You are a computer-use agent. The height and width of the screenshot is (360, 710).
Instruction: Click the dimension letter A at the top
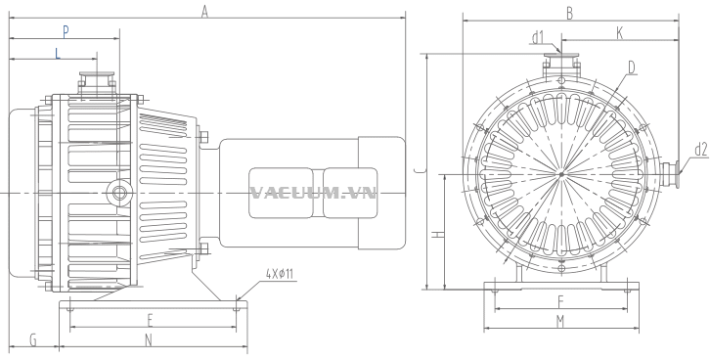204,12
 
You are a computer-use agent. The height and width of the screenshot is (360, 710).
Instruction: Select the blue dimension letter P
66,31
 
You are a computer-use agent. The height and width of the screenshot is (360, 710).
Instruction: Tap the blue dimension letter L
58,54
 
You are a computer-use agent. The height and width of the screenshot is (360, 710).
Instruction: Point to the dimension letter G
33,340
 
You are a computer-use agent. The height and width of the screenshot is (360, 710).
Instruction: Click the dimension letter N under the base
149,340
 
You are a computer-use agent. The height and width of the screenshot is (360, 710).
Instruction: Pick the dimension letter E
151,320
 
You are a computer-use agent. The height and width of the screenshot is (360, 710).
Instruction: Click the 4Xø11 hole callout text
280,274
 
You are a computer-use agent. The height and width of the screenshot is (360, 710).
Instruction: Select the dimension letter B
569,14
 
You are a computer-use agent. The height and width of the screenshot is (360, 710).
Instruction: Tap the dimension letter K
620,33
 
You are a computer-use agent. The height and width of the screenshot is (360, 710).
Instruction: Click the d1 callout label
538,38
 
